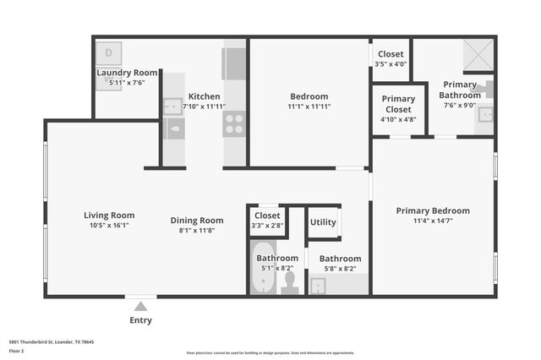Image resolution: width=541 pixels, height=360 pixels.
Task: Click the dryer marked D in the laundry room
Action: point(108,52)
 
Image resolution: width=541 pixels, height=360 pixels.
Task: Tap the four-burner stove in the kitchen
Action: point(234,124)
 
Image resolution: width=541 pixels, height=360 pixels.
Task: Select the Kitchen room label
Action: point(205,96)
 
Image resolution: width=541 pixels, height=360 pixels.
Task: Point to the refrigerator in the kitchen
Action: point(234,63)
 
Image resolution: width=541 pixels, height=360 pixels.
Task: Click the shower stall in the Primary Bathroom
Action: point(478,55)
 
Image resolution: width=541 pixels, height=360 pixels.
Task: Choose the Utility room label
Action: point(323,222)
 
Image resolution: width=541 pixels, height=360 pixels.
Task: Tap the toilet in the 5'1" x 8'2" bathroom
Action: point(290,281)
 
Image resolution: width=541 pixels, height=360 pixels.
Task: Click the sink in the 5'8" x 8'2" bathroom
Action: point(319,285)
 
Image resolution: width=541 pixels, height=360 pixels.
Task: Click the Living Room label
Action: point(109,215)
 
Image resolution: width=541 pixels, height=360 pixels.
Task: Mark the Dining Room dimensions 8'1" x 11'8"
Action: point(197,231)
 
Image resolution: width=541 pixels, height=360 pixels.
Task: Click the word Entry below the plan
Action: point(140,320)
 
